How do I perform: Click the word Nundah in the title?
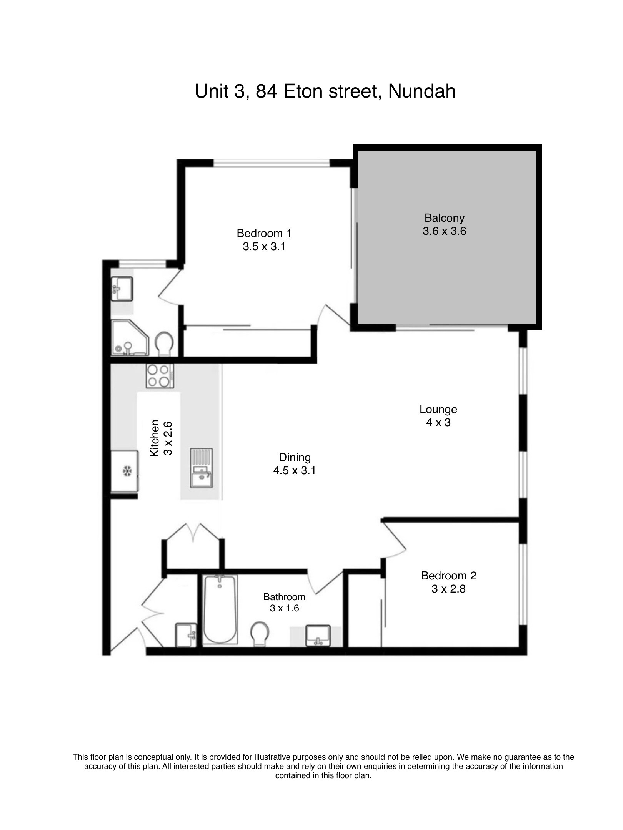[x=421, y=91]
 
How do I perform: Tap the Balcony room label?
[x=444, y=218]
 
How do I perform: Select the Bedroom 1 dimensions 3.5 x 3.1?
[x=264, y=246]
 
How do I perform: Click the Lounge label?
[x=438, y=410]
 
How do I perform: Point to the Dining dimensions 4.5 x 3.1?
[x=294, y=470]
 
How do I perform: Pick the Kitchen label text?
[x=155, y=438]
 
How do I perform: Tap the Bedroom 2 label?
[x=448, y=576]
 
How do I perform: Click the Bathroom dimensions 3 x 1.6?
[x=284, y=608]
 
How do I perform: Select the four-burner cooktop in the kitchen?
[x=160, y=375]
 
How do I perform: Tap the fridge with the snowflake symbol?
[x=124, y=471]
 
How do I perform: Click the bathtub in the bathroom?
[x=220, y=609]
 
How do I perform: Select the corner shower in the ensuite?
[x=130, y=337]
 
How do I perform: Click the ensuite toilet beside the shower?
[x=164, y=343]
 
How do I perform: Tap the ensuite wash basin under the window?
[x=122, y=288]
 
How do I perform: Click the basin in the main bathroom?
[x=318, y=636]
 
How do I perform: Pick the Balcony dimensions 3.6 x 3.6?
[x=444, y=231]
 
